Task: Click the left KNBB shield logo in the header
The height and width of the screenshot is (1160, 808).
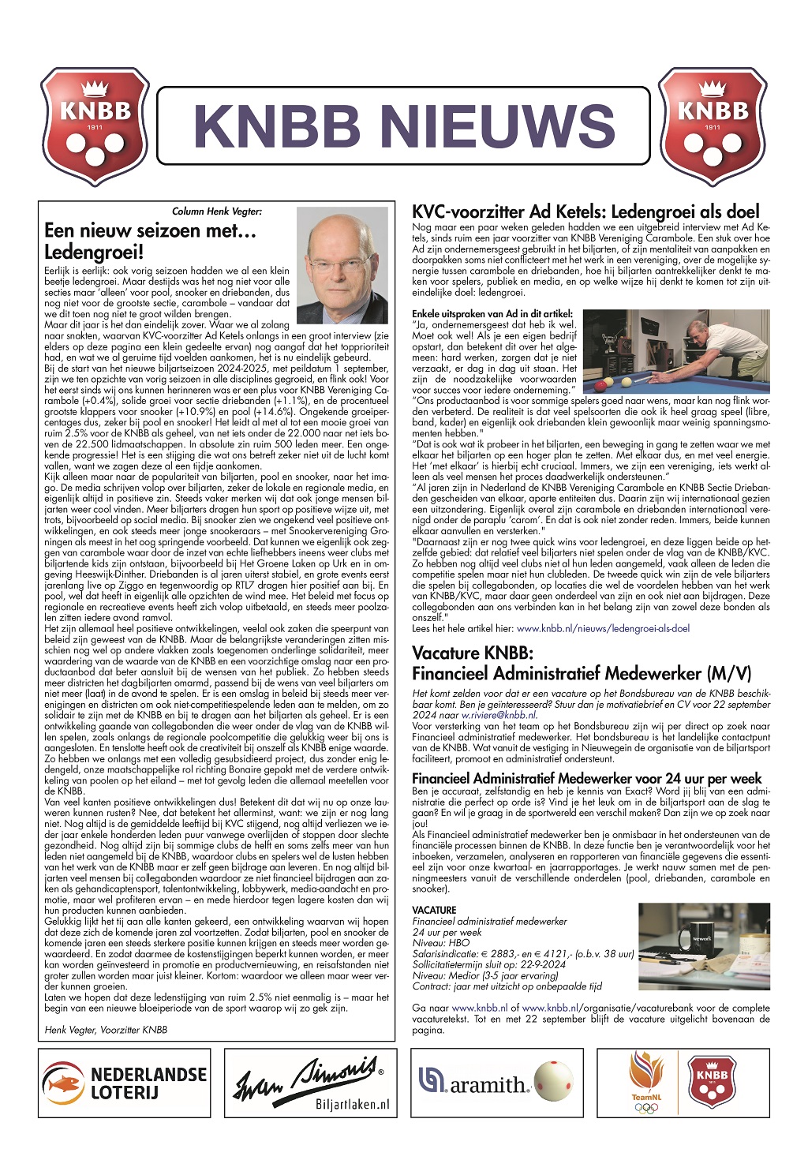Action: point(95,126)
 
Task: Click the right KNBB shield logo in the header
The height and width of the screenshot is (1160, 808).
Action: point(713,126)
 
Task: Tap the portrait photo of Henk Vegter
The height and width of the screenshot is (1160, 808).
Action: point(342,264)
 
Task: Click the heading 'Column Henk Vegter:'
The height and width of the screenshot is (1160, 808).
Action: point(217,211)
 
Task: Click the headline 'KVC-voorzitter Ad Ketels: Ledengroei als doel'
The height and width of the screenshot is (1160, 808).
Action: point(585,211)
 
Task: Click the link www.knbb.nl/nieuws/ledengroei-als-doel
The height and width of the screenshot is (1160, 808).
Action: point(603,629)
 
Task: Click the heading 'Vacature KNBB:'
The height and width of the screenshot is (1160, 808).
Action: point(473,653)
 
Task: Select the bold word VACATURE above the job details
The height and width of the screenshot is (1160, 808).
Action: point(434,910)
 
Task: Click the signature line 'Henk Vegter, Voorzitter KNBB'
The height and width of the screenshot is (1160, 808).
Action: point(106,1029)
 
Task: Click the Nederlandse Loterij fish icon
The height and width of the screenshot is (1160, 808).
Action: point(63,1082)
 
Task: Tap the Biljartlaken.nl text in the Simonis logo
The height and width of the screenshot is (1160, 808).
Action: point(353,1104)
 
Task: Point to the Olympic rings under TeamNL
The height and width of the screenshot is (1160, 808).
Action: point(646,1107)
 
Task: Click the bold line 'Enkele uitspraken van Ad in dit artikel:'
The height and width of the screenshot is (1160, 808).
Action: point(492,314)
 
